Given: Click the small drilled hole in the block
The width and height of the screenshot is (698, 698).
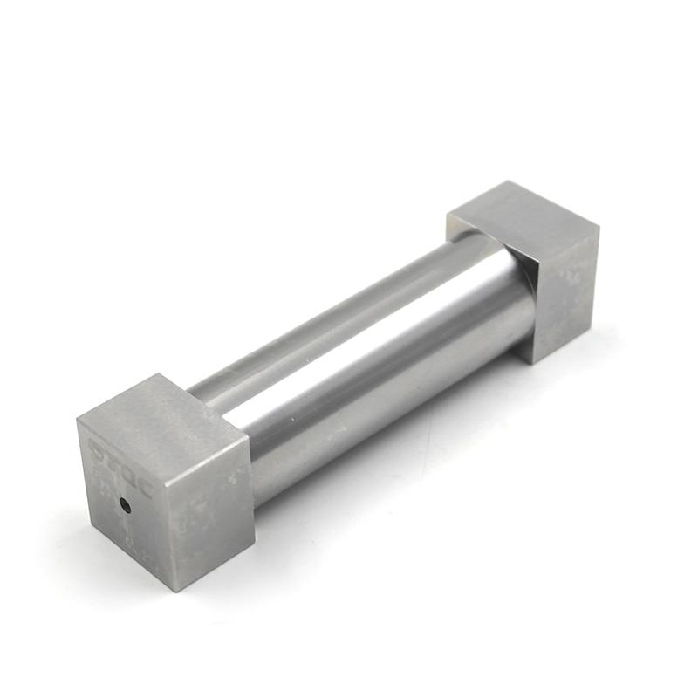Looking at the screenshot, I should (x=126, y=503).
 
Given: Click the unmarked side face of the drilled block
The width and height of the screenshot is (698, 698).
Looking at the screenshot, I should (x=209, y=506).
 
